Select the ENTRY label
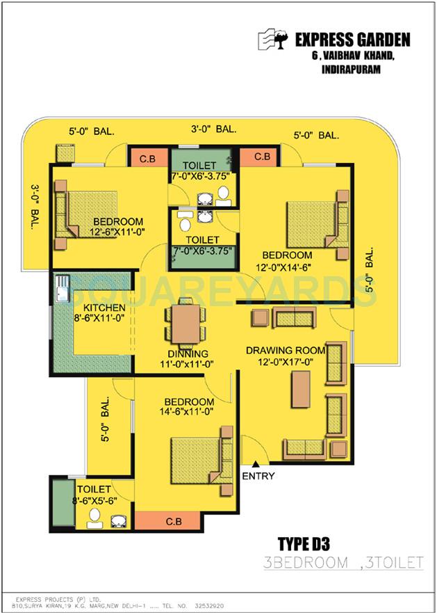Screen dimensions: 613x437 [x=258, y=476]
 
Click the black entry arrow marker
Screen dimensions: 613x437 [x=256, y=464]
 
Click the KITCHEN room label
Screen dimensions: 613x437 [x=104, y=308]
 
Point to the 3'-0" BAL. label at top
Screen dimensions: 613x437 [x=213, y=129]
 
